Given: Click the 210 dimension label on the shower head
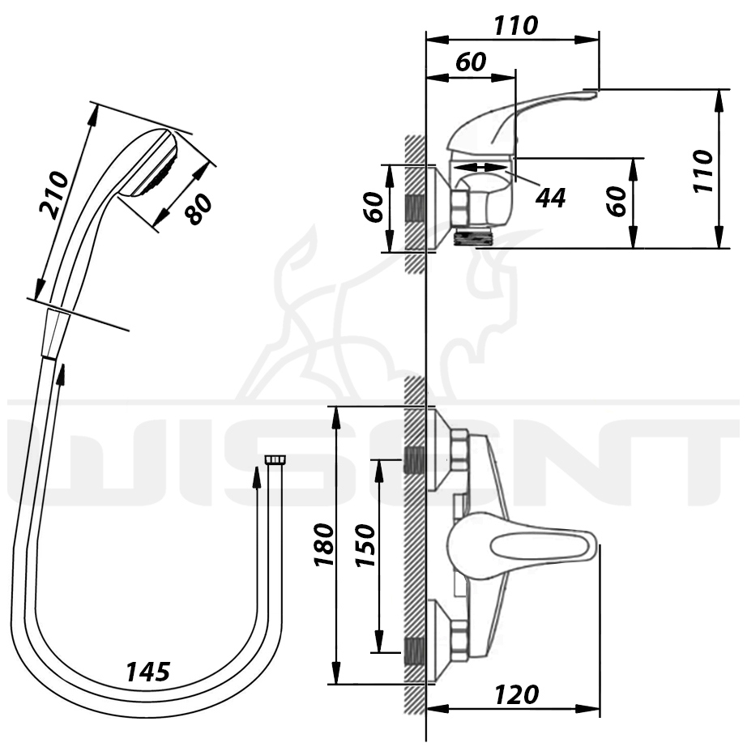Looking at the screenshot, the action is [53, 194].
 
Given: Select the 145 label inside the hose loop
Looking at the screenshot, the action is [147, 672].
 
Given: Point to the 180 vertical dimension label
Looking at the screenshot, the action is [324, 545].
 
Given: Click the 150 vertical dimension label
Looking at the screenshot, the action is [366, 545].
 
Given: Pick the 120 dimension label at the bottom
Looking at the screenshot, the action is [517, 694].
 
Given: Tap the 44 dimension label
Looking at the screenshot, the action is [550, 198].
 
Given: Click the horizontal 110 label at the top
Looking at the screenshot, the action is [516, 26].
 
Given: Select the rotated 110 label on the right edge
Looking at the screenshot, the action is [703, 171].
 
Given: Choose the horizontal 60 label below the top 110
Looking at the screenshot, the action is [471, 62].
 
